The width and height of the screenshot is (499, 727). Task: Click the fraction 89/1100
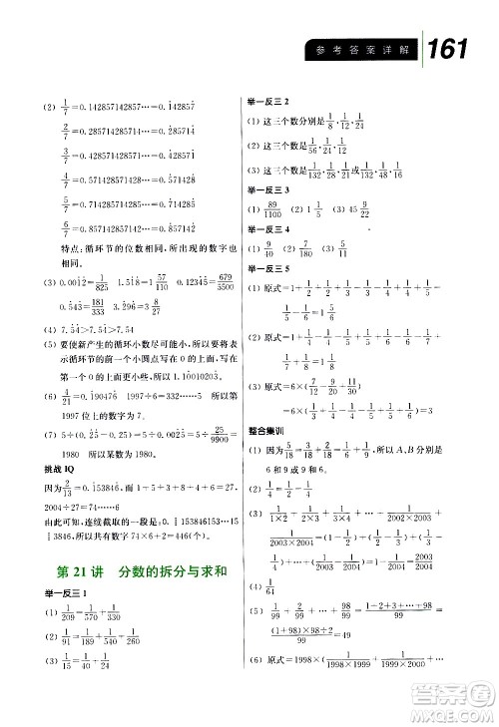274,210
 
